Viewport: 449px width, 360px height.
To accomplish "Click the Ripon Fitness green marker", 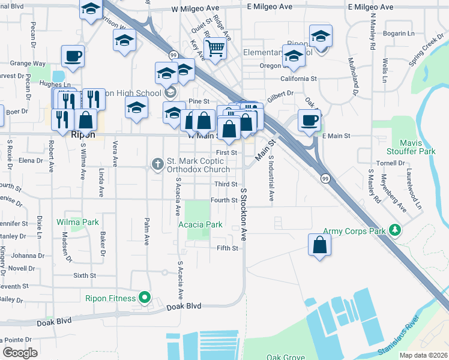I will click(x=145, y=298).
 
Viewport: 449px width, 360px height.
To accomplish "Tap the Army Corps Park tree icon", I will click(x=394, y=230).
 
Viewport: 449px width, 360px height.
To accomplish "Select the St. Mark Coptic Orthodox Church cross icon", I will click(x=158, y=164).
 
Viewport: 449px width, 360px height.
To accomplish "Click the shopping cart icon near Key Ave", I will click(x=214, y=47).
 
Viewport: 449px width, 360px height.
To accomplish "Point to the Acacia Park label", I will click(x=200, y=225).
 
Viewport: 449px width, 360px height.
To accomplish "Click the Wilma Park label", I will click(x=77, y=222).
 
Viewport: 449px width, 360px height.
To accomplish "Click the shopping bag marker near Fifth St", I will click(x=319, y=245).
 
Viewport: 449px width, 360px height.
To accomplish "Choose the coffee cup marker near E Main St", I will click(x=309, y=119).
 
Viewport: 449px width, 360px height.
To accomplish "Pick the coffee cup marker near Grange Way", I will click(x=72, y=56).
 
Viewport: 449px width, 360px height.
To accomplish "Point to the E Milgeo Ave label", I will click(x=270, y=7).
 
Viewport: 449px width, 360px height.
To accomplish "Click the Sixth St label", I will click(x=85, y=275).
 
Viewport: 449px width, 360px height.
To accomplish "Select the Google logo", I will click(x=20, y=352).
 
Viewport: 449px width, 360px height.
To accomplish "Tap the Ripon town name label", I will click(x=83, y=135).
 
